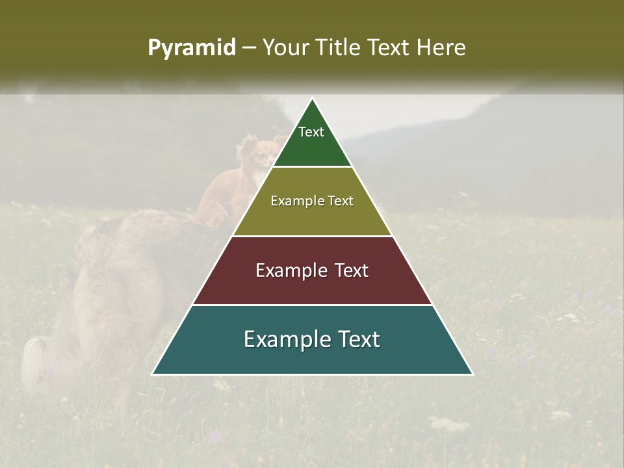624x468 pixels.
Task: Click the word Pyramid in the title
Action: tap(191, 48)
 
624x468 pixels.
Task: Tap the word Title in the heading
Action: tap(341, 47)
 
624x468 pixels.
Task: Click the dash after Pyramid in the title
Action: tap(249, 48)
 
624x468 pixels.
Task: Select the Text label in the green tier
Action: tap(311, 132)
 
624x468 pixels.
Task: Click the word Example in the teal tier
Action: tap(286, 339)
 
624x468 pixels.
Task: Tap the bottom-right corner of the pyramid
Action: tap(472, 374)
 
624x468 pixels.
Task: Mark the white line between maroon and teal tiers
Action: tap(313, 305)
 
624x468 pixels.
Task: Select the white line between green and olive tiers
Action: tap(313, 167)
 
